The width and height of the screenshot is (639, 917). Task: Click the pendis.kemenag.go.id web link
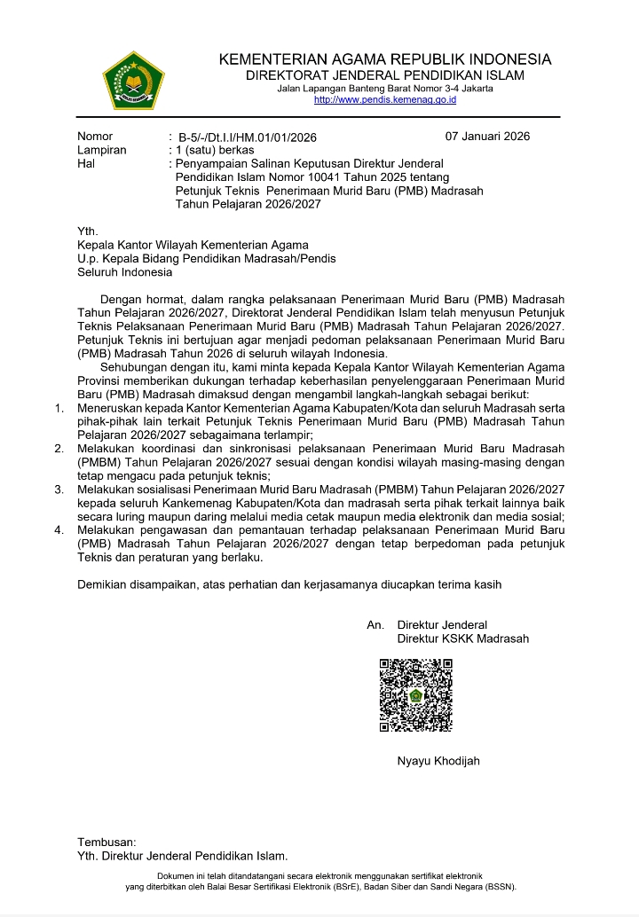click(x=384, y=100)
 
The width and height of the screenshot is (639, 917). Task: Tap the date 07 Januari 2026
click(x=487, y=137)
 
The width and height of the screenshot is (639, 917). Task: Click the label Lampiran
click(x=101, y=151)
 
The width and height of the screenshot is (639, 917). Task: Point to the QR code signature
click(x=416, y=694)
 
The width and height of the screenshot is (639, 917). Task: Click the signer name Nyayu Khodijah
click(x=438, y=761)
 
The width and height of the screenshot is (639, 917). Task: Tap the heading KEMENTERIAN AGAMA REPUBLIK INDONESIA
click(x=384, y=60)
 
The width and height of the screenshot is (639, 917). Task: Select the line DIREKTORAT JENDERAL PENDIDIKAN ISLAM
click(x=384, y=75)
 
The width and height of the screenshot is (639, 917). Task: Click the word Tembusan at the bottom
click(x=106, y=842)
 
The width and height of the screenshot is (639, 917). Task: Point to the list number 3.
click(x=59, y=489)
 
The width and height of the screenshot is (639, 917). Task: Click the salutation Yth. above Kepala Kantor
click(x=88, y=231)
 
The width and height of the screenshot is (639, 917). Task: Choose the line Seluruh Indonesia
click(x=124, y=272)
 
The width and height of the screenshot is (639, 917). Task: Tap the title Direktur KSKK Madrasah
click(x=462, y=639)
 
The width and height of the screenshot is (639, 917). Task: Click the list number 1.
click(x=59, y=408)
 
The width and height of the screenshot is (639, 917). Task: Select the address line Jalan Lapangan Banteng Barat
click(x=384, y=89)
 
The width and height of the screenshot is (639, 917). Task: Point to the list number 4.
click(x=59, y=529)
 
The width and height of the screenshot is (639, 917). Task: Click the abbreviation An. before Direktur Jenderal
click(x=375, y=625)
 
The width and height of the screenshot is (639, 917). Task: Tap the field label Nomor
click(x=95, y=137)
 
